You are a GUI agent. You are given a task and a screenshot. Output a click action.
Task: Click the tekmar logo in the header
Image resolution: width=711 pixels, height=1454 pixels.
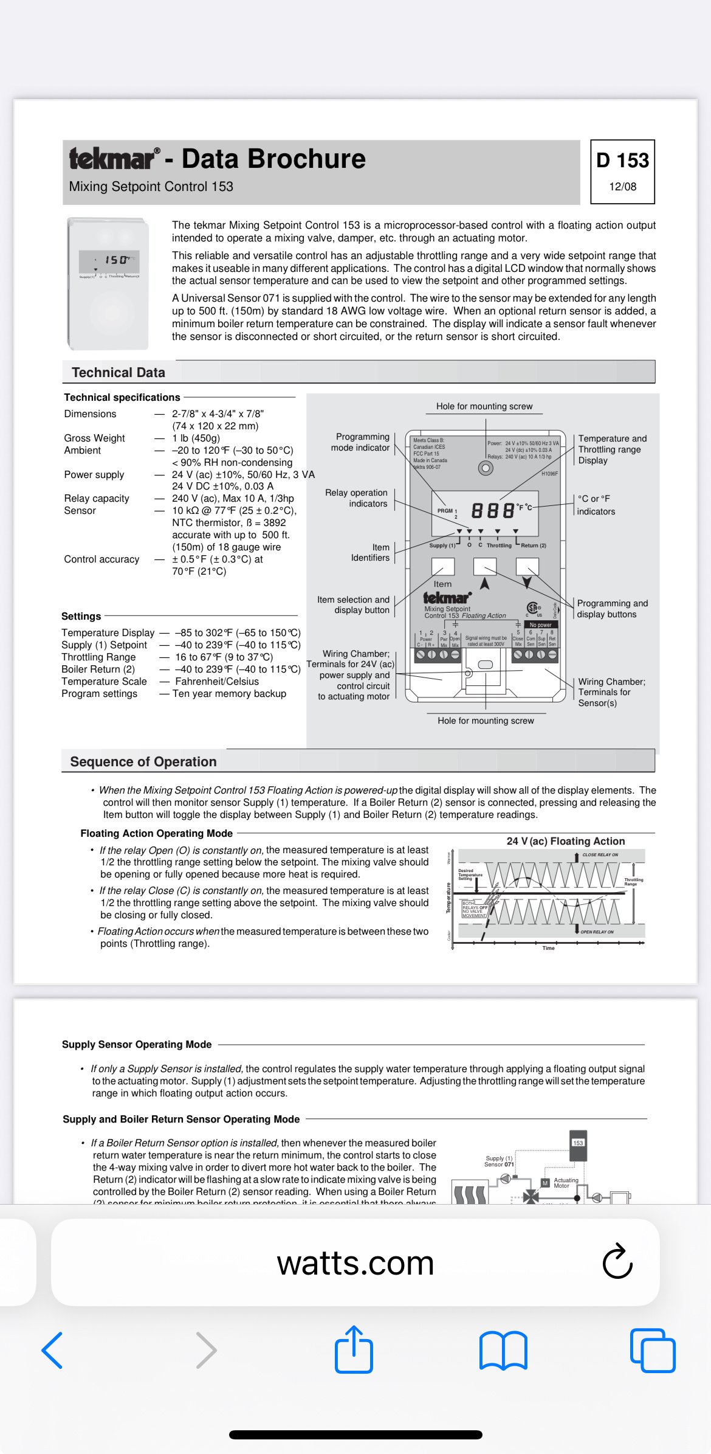[114, 159]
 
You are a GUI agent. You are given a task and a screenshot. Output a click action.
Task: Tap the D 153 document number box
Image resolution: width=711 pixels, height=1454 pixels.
[622, 171]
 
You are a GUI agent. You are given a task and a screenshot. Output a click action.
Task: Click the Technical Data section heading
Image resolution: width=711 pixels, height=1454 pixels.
[118, 372]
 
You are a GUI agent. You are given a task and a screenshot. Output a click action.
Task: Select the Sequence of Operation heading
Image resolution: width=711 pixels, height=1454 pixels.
[143, 761]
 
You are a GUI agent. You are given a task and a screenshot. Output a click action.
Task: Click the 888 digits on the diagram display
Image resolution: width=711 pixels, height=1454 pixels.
[492, 510]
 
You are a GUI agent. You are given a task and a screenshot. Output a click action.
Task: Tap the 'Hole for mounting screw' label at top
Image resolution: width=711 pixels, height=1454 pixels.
[484, 406]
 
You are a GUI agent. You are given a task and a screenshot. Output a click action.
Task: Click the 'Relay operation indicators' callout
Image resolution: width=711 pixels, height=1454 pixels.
[357, 498]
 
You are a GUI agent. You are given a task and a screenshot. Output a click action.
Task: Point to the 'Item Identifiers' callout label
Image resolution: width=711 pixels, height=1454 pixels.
[371, 552]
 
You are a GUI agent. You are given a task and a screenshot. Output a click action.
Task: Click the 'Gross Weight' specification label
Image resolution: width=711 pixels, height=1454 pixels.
[94, 438]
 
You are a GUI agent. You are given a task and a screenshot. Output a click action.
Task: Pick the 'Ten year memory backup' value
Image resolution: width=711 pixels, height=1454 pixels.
[229, 693]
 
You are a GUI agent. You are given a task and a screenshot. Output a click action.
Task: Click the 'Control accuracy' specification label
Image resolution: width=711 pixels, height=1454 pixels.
[101, 559]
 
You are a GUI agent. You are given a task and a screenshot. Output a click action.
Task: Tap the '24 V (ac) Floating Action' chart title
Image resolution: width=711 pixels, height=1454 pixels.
[565, 841]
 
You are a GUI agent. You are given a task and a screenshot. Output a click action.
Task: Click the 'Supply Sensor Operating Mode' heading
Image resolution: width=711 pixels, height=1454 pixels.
[137, 1044]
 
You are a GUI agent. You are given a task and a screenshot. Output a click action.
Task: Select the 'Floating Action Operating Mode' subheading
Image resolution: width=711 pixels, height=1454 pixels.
[157, 833]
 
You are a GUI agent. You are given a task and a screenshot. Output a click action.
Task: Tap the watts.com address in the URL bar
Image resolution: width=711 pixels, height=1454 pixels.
[355, 1263]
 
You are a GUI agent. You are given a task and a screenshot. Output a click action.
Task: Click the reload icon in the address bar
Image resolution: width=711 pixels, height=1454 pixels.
[617, 1262]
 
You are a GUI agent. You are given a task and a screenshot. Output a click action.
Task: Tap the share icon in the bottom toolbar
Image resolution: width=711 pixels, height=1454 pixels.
[354, 1350]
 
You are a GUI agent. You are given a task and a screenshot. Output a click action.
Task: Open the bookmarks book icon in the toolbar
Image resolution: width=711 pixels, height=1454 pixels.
[503, 1351]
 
